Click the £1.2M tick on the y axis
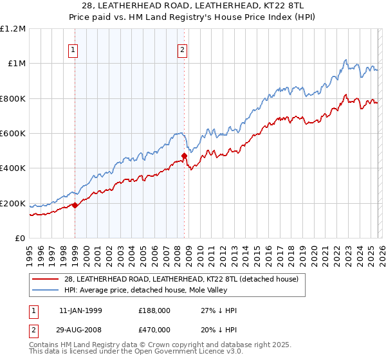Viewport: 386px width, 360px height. pos(13,28)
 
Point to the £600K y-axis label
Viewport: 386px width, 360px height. pos(13,134)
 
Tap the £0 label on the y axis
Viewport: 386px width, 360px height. pos(20,239)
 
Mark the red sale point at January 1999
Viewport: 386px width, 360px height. pos(75,206)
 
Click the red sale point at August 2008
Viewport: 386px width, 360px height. pos(185,156)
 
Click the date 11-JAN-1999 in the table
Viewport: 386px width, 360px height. pos(80,310)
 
